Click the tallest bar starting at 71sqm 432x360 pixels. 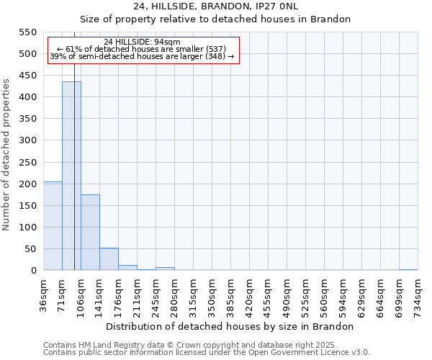(71, 176)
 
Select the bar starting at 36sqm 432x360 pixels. (53, 226)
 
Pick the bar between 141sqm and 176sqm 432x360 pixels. (109, 259)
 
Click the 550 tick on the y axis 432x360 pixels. (28, 32)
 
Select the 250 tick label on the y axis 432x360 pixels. (28, 162)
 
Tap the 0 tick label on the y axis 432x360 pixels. (33, 271)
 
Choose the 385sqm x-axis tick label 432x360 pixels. (230, 294)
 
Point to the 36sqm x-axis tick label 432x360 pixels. (43, 294)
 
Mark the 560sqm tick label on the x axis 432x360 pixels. (324, 294)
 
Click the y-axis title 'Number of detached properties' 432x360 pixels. (7, 155)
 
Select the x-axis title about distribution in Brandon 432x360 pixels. (235, 326)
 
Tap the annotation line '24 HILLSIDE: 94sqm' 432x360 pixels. (142, 42)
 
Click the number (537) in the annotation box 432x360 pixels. (217, 49)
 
